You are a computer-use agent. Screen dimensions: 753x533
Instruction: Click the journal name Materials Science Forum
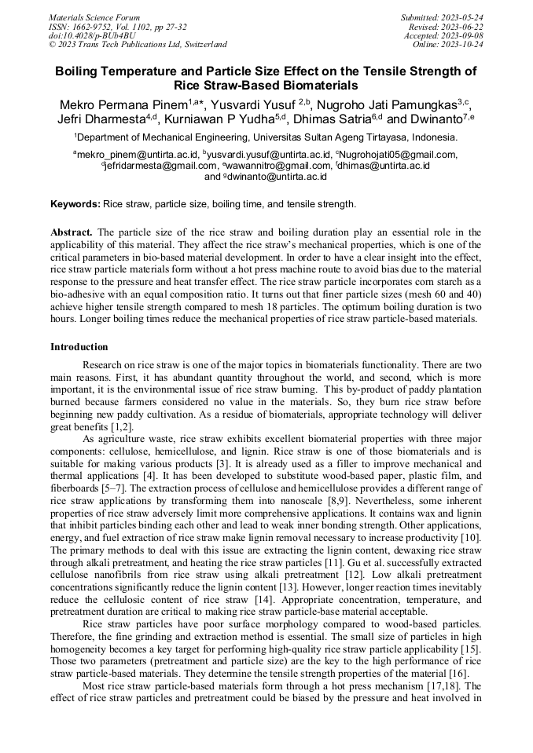94,16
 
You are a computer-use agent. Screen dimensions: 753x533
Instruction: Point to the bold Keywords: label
75,204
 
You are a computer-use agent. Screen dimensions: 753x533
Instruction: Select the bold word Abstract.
72,233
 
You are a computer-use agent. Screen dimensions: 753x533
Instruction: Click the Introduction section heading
79,346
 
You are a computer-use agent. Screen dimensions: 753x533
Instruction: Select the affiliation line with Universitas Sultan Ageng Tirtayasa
266,137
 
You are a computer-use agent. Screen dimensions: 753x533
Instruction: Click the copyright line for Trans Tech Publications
138,45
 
